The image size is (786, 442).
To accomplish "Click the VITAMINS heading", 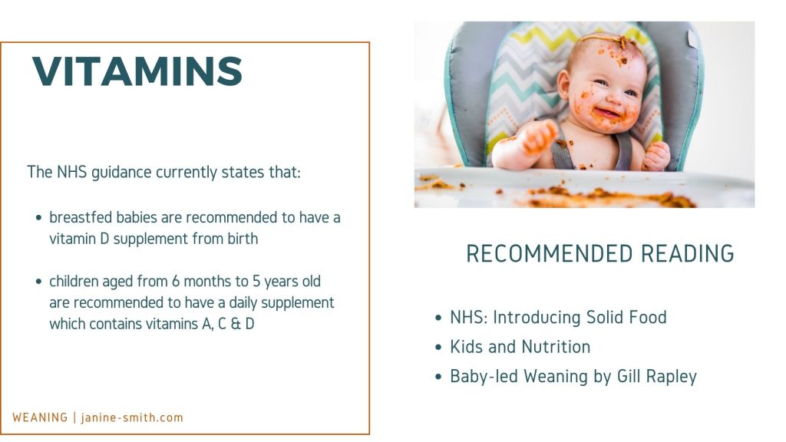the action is point(137,71).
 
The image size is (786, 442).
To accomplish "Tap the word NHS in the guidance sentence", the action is point(71,172).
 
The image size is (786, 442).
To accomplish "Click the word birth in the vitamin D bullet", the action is point(243,239).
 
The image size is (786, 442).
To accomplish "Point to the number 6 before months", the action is point(176,281).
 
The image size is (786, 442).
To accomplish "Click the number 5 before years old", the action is point(256,281).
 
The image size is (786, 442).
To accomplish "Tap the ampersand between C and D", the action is point(236,324).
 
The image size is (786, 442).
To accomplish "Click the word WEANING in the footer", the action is point(40,417).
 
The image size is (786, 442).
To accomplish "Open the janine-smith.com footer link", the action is point(132,417).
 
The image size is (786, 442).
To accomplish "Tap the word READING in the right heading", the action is point(687,253).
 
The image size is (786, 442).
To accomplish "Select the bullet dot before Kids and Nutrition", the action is point(438,348).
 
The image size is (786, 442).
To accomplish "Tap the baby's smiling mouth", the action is point(608,114).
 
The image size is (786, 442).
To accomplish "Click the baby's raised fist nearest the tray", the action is point(539,137).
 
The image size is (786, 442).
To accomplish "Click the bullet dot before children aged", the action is point(38,282).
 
